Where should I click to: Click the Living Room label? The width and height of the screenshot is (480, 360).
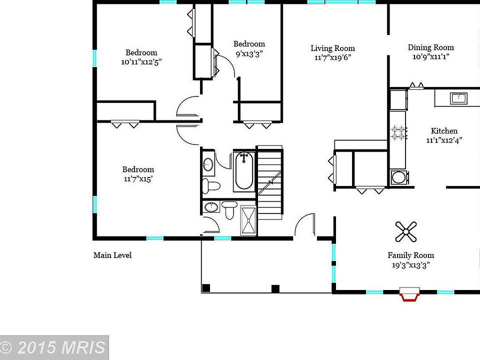(x=332, y=48)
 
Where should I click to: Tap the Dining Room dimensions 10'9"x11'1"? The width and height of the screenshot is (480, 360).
(x=430, y=56)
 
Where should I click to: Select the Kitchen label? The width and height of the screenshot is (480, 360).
(x=444, y=131)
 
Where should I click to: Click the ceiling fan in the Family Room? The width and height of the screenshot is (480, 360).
(x=406, y=231)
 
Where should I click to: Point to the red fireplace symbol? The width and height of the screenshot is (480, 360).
(x=409, y=295)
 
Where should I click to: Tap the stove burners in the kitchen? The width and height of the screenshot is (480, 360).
(x=398, y=132)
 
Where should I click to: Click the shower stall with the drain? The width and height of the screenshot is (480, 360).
(x=248, y=220)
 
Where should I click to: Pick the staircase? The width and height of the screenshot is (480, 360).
(x=270, y=182)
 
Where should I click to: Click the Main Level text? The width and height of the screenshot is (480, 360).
(x=112, y=255)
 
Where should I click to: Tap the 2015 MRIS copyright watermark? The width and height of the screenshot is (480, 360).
(x=54, y=347)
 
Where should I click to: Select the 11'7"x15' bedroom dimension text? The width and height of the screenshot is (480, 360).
(x=138, y=178)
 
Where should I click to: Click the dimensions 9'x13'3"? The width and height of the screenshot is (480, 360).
(x=248, y=53)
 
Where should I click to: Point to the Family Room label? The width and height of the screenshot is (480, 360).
(x=411, y=255)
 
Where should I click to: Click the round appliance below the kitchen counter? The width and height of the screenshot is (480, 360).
(x=398, y=177)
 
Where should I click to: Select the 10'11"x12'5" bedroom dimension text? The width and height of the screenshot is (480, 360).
(x=141, y=62)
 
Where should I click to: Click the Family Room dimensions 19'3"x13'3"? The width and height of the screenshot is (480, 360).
(x=411, y=265)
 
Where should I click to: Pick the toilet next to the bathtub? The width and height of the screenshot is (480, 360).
(x=210, y=186)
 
